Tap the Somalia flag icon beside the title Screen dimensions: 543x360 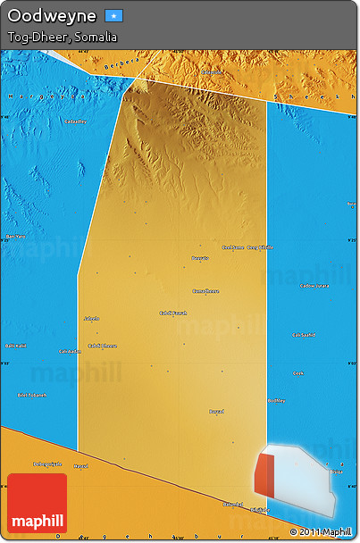click(x=113, y=16)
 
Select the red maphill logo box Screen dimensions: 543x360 click(x=37, y=504)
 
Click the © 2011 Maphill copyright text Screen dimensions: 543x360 click(x=320, y=532)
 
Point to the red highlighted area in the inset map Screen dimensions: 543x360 click(x=265, y=473)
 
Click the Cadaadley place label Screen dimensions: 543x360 click(x=75, y=121)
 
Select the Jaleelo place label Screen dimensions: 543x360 click(x=91, y=318)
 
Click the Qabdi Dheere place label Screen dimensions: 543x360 click(x=102, y=346)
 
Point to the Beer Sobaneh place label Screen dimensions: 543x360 click(x=32, y=394)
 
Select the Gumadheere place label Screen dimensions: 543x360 click(x=206, y=291)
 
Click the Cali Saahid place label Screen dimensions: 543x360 click(x=305, y=335)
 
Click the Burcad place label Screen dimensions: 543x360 click(x=216, y=412)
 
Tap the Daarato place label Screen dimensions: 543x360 click(x=200, y=258)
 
